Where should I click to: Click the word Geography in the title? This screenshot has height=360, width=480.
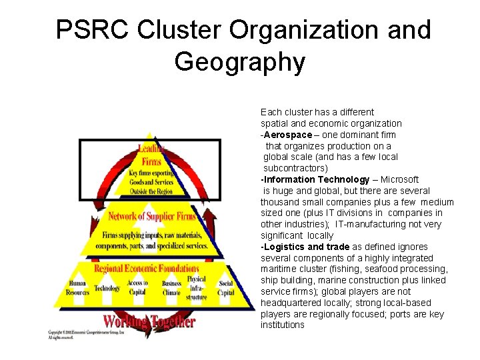239,63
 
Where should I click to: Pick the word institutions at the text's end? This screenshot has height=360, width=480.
282,325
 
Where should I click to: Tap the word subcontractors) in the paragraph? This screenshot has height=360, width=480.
295,168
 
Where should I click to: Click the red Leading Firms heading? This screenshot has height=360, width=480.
151,155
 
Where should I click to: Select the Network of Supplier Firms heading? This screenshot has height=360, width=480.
152,216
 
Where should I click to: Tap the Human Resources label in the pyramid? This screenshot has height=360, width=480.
77,287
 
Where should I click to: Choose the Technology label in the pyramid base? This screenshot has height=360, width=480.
107,288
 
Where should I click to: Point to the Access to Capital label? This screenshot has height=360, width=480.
137,287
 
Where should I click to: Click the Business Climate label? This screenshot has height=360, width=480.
171,288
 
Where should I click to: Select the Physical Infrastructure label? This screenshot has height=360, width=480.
196,288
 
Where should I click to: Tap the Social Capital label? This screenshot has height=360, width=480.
226,288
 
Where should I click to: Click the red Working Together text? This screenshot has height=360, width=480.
149,321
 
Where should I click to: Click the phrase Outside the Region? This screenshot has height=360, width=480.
151,191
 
